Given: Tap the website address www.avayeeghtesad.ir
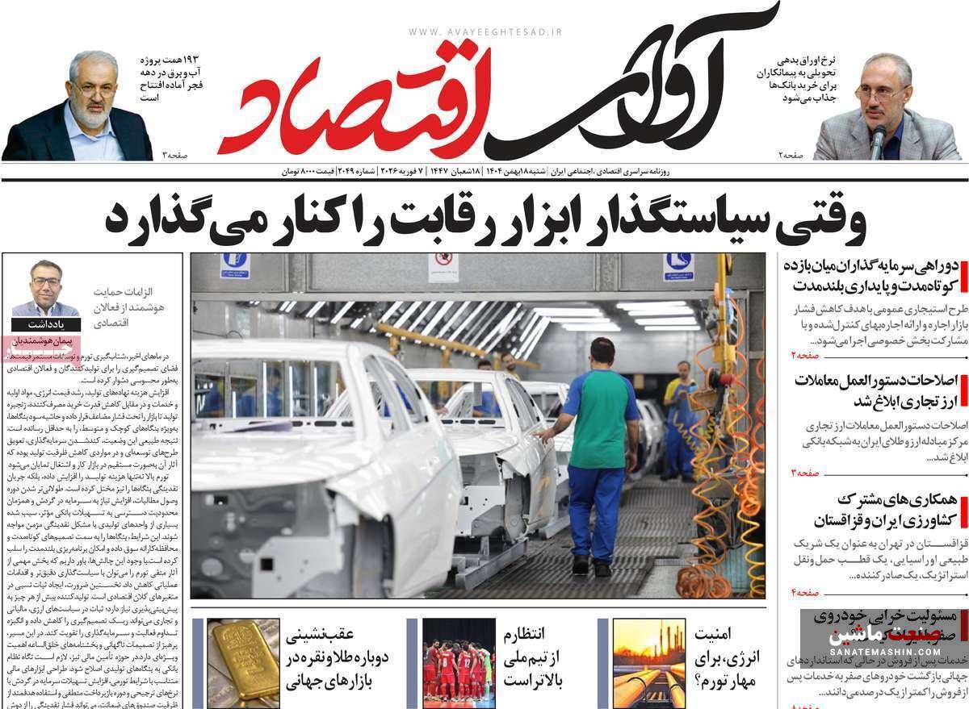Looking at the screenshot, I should (484, 32).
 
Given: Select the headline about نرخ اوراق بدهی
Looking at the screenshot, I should (789, 79).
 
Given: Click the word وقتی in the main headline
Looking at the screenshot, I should (820, 219).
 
